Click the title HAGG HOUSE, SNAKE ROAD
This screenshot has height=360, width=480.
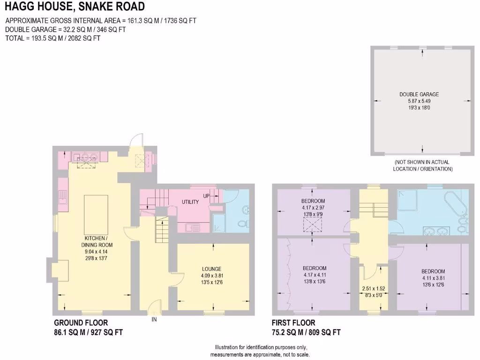pyautogui.click(x=75, y=7)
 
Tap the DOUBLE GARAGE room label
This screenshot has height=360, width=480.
pyautogui.click(x=419, y=94)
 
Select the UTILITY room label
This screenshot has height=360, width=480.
pyautogui.click(x=190, y=202)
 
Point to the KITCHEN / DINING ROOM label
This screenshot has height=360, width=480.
pyautogui.click(x=96, y=241)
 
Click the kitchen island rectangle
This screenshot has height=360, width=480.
pyautogui.click(x=96, y=213)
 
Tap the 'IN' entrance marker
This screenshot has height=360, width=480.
pyautogui.click(x=154, y=320)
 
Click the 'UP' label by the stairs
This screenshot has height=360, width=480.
pyautogui.click(x=206, y=195)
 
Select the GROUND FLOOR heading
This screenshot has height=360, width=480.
pyautogui.click(x=81, y=323)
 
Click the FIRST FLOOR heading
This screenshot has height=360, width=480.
pyautogui.click(x=293, y=323)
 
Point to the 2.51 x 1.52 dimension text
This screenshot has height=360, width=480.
pyautogui.click(x=373, y=289)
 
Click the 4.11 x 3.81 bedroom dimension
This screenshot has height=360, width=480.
pyautogui.click(x=433, y=277)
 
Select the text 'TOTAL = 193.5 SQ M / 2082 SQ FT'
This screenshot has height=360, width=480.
pyautogui.click(x=52, y=38)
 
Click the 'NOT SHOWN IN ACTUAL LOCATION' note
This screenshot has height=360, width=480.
pyautogui.click(x=422, y=165)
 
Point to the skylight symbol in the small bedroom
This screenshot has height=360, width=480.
pyautogui.click(x=313, y=225)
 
